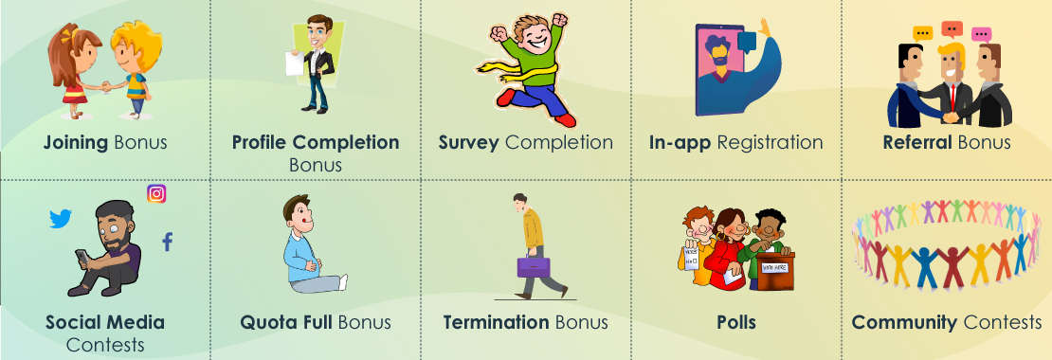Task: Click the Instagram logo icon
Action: [156, 194]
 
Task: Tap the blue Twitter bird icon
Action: [61, 219]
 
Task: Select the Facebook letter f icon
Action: [167, 242]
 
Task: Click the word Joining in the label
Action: [76, 142]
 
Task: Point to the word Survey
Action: [468, 142]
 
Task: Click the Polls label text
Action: [736, 322]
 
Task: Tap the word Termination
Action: [496, 322]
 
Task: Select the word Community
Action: [904, 322]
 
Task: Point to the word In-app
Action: [680, 143]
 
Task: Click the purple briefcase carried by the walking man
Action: [534, 266]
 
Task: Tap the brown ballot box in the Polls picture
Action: [775, 270]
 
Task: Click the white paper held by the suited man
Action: [294, 63]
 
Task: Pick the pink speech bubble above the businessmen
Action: [982, 34]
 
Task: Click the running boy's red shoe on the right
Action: [565, 119]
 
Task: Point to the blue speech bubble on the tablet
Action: [747, 43]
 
